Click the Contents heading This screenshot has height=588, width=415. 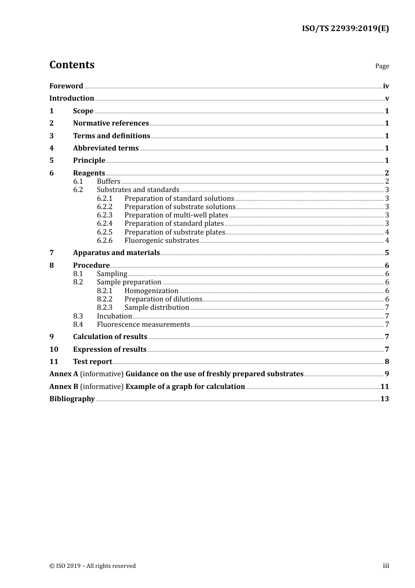coord(72,65)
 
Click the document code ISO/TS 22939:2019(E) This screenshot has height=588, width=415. coord(345,29)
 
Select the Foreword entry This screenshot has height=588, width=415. coord(66,86)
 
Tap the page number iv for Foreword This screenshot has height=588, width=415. coord(386,86)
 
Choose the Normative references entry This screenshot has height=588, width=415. coord(111,123)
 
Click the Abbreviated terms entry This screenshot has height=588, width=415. coord(106,148)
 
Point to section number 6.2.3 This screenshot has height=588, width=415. coord(104,215)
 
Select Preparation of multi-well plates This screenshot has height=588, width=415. coord(176,215)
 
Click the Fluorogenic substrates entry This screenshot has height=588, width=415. coord(162,241)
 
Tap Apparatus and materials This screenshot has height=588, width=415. coord(116,253)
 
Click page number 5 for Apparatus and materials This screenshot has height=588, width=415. coord(387,253)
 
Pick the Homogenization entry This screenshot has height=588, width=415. coord(151,291)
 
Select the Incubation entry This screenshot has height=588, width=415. coord(114,316)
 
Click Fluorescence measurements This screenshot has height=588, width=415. coord(143,325)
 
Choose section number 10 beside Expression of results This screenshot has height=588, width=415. coord(54,350)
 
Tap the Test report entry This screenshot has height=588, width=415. coord(93,362)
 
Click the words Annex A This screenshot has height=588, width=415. coord(64,374)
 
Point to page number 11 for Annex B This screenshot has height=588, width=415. coord(384,387)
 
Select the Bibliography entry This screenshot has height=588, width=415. coord(72,399)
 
